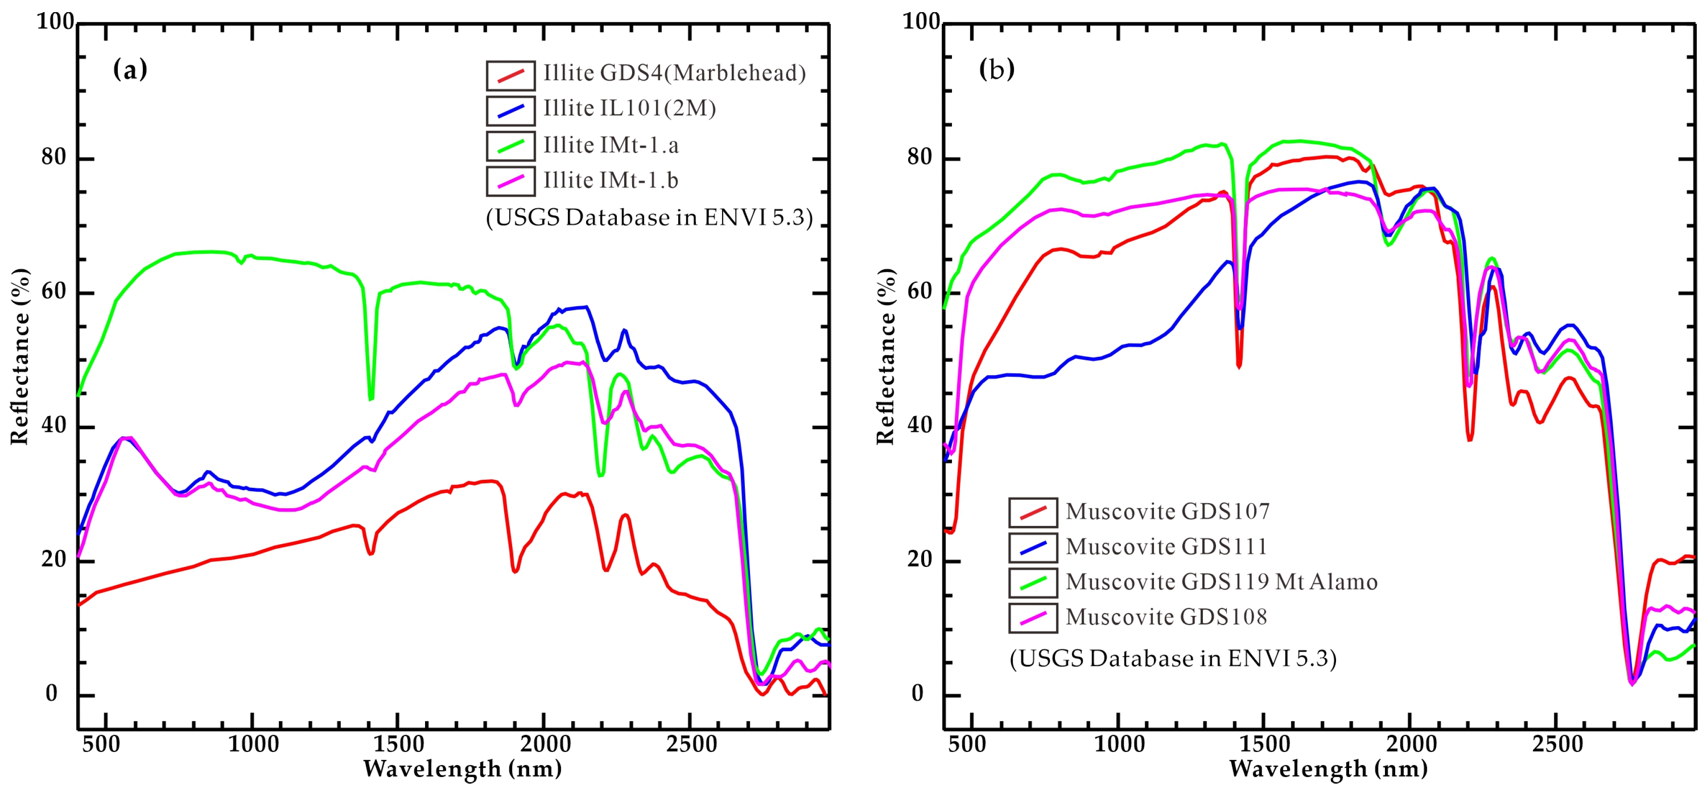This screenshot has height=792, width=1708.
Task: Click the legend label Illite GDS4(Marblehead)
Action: [675, 73]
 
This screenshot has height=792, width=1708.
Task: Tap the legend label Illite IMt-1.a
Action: [611, 144]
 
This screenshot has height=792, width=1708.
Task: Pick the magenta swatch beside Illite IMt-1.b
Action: [511, 181]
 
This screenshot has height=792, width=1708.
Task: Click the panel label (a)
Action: [130, 69]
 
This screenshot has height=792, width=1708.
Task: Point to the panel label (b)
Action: [997, 69]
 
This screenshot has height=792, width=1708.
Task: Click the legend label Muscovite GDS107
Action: [1168, 512]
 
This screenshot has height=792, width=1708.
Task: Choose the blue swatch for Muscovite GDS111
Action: [1033, 547]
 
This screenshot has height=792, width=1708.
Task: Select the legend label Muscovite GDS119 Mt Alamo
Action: [1222, 582]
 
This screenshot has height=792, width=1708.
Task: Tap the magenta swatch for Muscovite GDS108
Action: [1033, 618]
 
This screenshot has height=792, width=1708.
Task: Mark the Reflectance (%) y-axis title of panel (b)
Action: [886, 356]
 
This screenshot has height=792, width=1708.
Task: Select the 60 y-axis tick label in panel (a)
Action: [53, 292]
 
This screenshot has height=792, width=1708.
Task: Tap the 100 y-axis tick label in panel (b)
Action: [922, 22]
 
